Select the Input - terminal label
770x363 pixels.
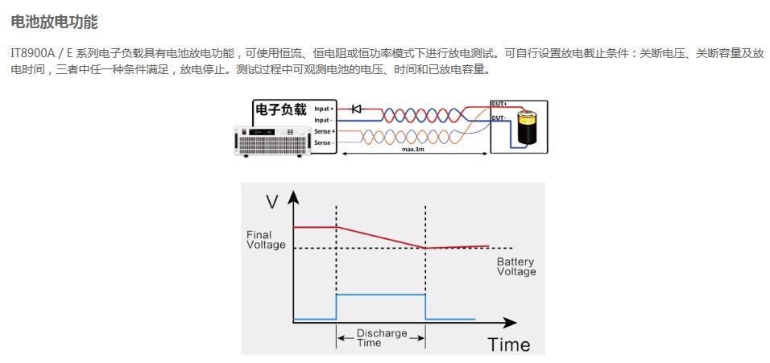[324, 119]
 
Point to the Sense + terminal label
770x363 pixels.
[325, 130]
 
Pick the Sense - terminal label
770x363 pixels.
[324, 142]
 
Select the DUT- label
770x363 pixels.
[499, 118]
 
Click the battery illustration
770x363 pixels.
[528, 127]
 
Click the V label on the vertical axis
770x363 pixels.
[272, 200]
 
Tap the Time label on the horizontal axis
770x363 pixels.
[509, 344]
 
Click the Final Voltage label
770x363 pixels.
[266, 240]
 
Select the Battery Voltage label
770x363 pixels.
[515, 266]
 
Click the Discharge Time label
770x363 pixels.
[382, 338]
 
